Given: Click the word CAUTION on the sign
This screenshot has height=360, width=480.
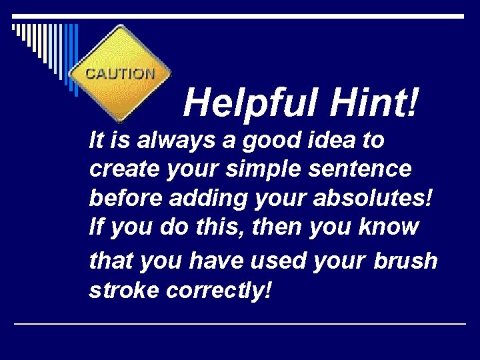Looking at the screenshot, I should click(x=121, y=73).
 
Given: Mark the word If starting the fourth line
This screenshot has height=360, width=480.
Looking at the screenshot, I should click(x=96, y=228).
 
